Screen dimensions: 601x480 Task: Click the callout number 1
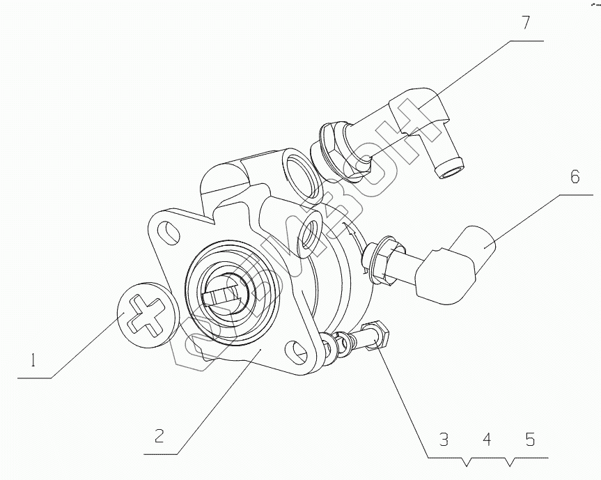[x=32, y=361]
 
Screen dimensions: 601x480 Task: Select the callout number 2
[x=159, y=437]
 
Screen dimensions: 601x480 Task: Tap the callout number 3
[x=444, y=440]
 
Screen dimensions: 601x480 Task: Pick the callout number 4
[x=487, y=440]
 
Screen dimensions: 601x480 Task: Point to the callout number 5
[x=530, y=440]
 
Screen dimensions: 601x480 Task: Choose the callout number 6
[x=575, y=177]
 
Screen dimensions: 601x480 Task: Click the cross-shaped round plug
[x=145, y=314]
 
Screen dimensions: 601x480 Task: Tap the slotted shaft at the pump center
[x=226, y=300]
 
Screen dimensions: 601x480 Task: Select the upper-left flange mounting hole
[x=166, y=229]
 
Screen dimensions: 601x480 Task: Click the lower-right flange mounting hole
[x=299, y=350]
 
